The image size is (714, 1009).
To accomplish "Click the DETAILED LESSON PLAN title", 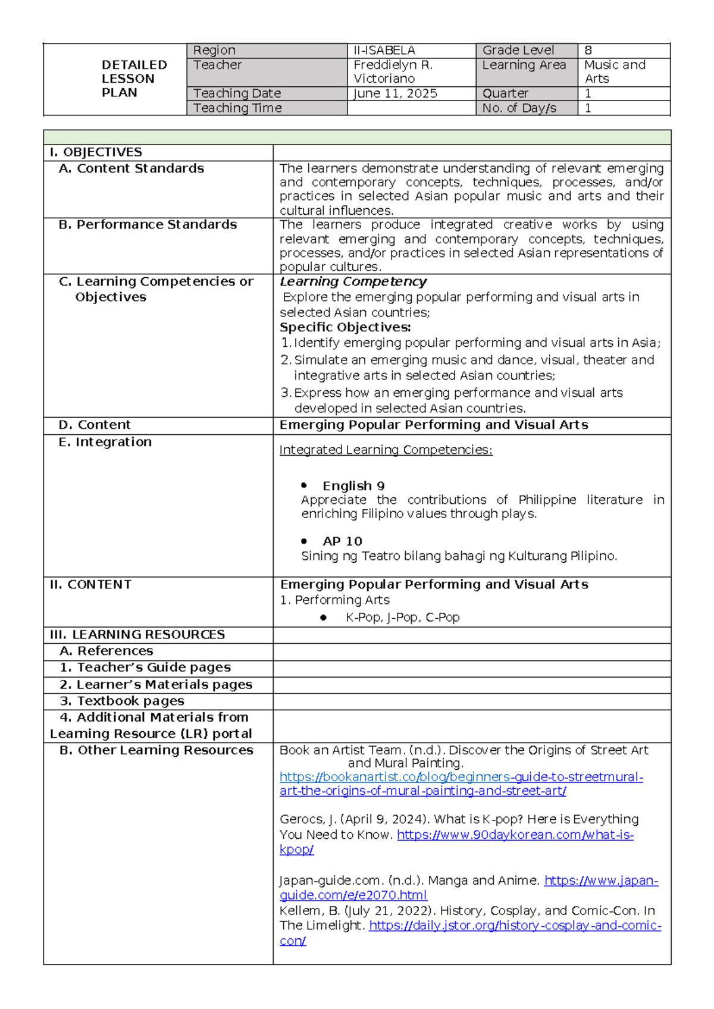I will pos(134,79).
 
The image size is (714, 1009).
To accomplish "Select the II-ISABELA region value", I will pos(384,51).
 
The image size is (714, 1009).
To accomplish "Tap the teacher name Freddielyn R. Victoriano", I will pos(393,71).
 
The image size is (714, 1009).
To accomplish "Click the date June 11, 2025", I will pos(395,93).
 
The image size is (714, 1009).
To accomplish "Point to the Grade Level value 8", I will pos(588,51).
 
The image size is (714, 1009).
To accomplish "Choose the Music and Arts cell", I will pos(615,71).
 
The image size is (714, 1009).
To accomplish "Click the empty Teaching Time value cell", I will pos(411,108).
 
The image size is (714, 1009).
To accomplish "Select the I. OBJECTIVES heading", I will pos(96,152).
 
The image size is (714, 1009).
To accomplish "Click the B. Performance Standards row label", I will pos(148,225).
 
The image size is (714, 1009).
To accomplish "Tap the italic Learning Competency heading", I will pos(353,281).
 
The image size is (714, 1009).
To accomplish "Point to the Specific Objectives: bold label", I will pos(345,327).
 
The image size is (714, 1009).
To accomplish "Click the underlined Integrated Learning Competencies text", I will pos(386,450).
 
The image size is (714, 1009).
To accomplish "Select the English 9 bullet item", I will pos(353,486).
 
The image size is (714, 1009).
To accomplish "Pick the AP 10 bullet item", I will pos(342,541).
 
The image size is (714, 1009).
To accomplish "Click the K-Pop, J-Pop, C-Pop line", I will pos(402,618).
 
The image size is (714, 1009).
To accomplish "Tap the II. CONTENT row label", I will pos(90,585).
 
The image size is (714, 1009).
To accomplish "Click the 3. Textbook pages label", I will pos(122,701).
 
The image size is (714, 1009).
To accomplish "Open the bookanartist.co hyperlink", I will pos(461,778).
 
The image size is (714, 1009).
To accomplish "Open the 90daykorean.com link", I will pos(515,835).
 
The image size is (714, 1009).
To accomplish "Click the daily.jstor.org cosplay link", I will pos(515,926).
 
